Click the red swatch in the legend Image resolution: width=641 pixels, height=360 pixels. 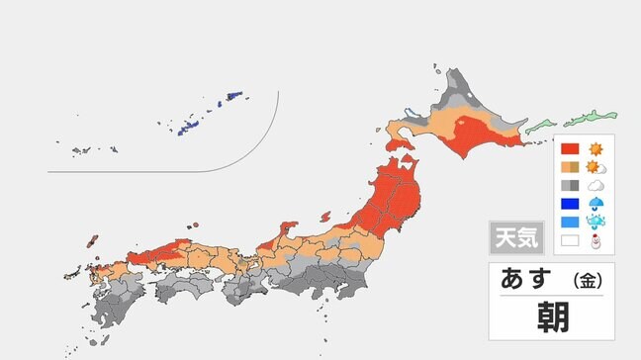(569, 149)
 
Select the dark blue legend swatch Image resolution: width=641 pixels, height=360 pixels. (569, 204)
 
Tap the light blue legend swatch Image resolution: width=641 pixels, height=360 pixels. (569, 222)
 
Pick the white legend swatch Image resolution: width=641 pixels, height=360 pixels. (569, 240)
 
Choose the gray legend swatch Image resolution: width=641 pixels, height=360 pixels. (569, 186)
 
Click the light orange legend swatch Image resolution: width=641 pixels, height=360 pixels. (569, 167)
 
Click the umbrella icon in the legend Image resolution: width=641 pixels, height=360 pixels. (596, 204)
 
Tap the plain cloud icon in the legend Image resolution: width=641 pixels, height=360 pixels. (596, 186)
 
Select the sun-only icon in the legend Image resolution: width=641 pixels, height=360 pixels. (596, 149)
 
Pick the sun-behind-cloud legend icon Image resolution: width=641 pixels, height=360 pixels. (596, 167)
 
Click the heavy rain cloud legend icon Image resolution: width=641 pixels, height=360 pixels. (596, 223)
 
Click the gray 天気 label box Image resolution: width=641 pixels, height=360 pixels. (515, 238)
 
